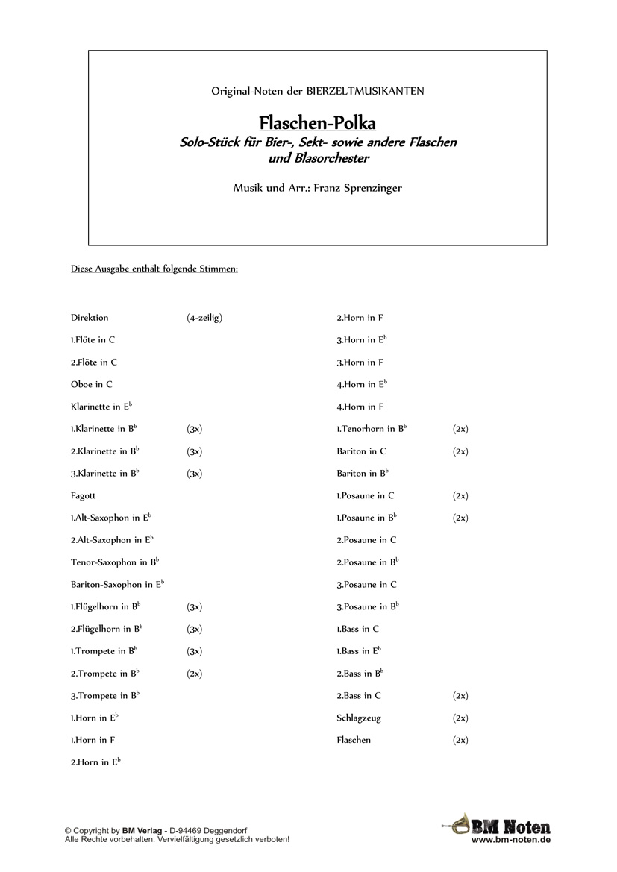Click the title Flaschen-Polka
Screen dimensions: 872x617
pyautogui.click(x=317, y=122)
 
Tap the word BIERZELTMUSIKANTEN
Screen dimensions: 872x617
pyautogui.click(x=366, y=91)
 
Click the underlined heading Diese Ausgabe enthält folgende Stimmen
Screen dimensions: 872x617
pyautogui.click(x=154, y=268)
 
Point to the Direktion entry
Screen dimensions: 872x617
pyautogui.click(x=90, y=318)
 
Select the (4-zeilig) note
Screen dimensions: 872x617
pyautogui.click(x=204, y=318)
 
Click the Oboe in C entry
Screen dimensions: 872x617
pyautogui.click(x=92, y=385)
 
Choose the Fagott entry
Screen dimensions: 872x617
pyautogui.click(x=84, y=495)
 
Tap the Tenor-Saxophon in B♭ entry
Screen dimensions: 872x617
pyautogui.click(x=115, y=562)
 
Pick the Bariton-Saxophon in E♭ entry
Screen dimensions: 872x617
pyautogui.click(x=117, y=585)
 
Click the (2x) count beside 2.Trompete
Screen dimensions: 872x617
pyautogui.click(x=194, y=674)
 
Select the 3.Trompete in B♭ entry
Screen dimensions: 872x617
pyautogui.click(x=105, y=696)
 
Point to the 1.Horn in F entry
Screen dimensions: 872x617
pyautogui.click(x=93, y=741)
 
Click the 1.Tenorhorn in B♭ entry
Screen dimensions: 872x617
pyautogui.click(x=372, y=429)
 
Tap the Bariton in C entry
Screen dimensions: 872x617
pyautogui.click(x=361, y=451)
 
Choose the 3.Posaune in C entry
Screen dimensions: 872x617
pyautogui.click(x=366, y=585)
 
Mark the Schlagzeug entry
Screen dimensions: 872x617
pyautogui.click(x=359, y=718)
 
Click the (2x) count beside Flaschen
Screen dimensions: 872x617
pyautogui.click(x=460, y=741)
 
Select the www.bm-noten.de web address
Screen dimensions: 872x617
pyautogui.click(x=511, y=839)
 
